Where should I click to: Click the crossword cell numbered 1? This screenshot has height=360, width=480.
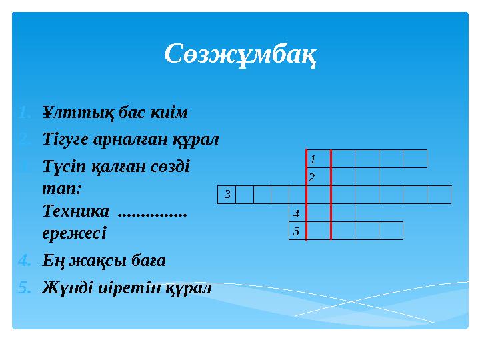click(x=318, y=159)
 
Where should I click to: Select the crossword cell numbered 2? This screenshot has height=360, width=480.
click(x=318, y=177)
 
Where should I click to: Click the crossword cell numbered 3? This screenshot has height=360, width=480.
click(x=227, y=195)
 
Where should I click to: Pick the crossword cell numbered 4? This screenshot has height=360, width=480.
click(x=297, y=213)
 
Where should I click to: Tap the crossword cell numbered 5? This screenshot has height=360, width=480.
click(x=297, y=231)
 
